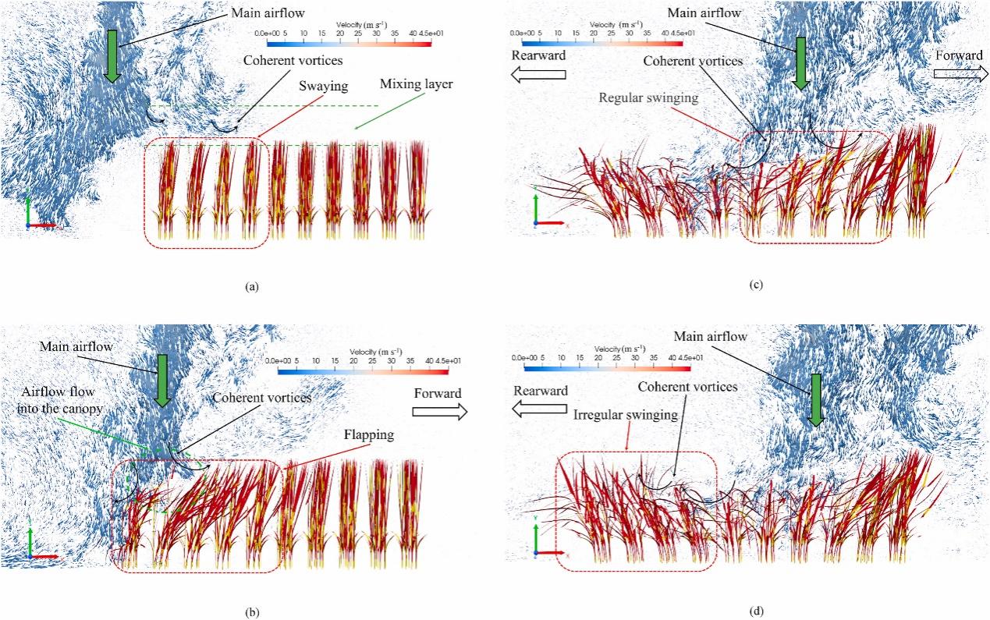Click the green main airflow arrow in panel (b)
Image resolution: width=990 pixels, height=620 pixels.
161,380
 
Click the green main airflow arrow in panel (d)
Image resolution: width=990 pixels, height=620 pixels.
815,399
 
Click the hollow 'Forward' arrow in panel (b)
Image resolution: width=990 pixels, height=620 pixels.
440,411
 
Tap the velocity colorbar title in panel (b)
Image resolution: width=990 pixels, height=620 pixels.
376,352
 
